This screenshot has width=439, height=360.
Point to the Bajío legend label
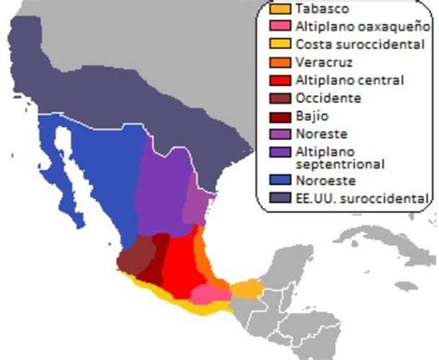(311, 117)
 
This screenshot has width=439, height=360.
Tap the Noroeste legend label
(320, 179)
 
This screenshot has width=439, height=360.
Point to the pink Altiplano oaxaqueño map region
(211, 293)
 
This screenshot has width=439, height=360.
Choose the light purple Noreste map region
(194, 208)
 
